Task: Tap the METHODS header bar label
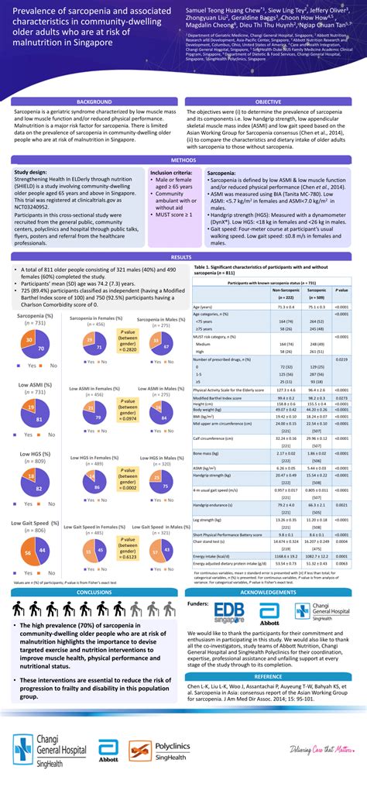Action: tap(183, 160)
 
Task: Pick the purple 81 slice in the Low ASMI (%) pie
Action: tap(39, 421)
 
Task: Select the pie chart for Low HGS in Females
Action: tap(97, 484)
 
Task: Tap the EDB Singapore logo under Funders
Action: tap(235, 591)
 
